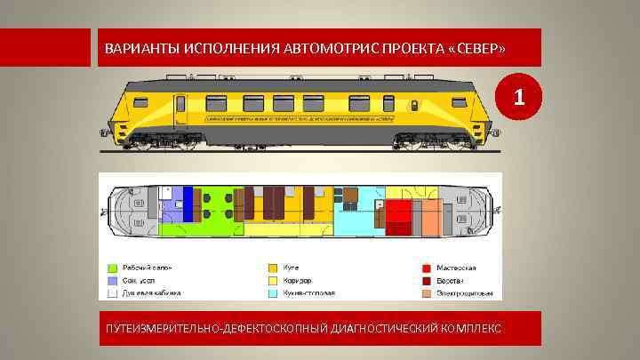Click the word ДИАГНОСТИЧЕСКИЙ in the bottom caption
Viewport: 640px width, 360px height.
pyautogui.click(x=374, y=329)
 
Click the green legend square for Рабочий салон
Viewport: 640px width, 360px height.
pyautogui.click(x=112, y=268)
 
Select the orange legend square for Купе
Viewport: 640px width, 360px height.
pyautogui.click(x=274, y=268)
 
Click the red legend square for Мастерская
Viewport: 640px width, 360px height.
pyautogui.click(x=428, y=268)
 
